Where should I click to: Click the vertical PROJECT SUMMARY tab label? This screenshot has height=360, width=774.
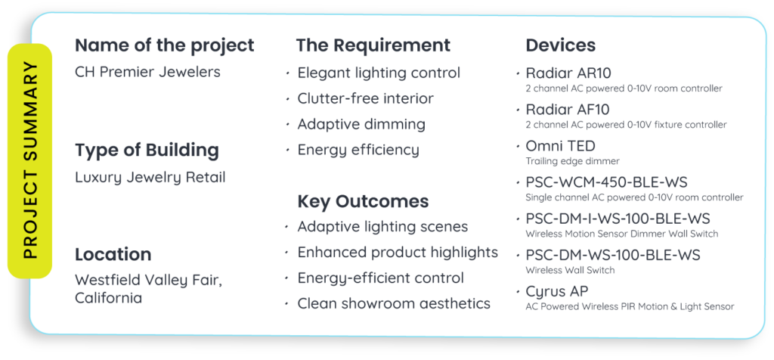point(30,160)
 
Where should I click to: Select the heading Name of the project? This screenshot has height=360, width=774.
point(164,45)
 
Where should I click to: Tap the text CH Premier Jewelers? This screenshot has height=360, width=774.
point(147,72)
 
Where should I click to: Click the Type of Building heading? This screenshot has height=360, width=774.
point(147,150)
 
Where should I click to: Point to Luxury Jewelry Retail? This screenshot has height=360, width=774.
point(150,177)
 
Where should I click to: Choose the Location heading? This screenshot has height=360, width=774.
point(113,255)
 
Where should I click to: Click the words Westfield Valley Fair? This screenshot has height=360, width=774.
point(149,281)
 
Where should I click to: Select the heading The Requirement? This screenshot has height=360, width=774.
point(373,45)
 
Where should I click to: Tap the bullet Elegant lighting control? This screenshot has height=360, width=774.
point(379,73)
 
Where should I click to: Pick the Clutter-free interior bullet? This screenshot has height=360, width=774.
point(365,99)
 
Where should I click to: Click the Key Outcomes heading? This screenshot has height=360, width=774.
point(363,201)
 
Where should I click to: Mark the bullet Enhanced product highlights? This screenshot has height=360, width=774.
point(398,253)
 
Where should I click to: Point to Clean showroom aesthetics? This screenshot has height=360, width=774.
point(393,304)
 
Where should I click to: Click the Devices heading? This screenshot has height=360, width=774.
point(560,45)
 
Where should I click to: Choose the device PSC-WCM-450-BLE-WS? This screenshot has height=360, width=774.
point(606,183)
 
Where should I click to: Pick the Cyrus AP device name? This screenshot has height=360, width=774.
point(557,292)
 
